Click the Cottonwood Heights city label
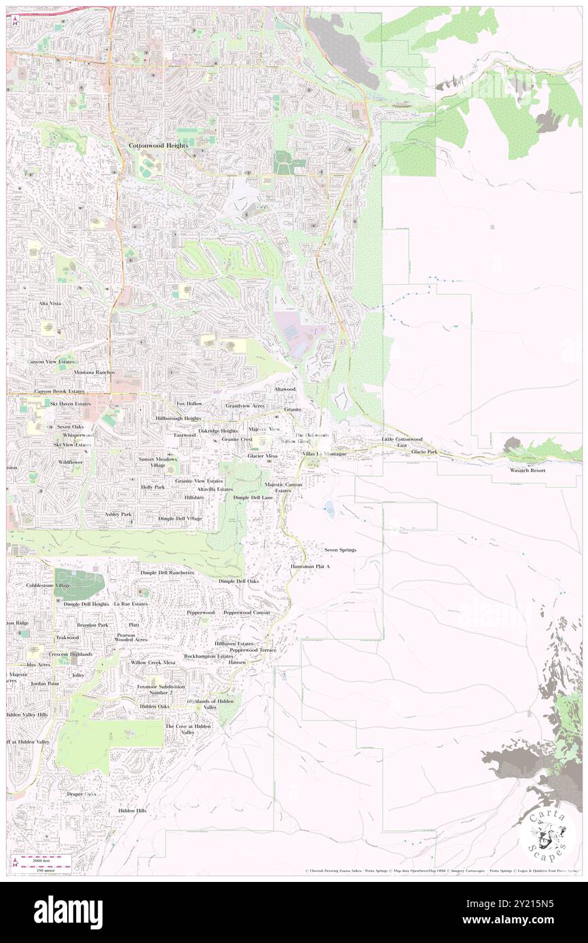(159, 145)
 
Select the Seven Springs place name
(340, 550)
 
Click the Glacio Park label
(424, 452)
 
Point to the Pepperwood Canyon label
(246, 613)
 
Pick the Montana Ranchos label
(94, 372)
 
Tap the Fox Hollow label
(189, 404)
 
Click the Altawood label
(284, 389)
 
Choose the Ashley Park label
(118, 514)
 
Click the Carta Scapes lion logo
(547, 833)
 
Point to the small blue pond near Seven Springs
(329, 506)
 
